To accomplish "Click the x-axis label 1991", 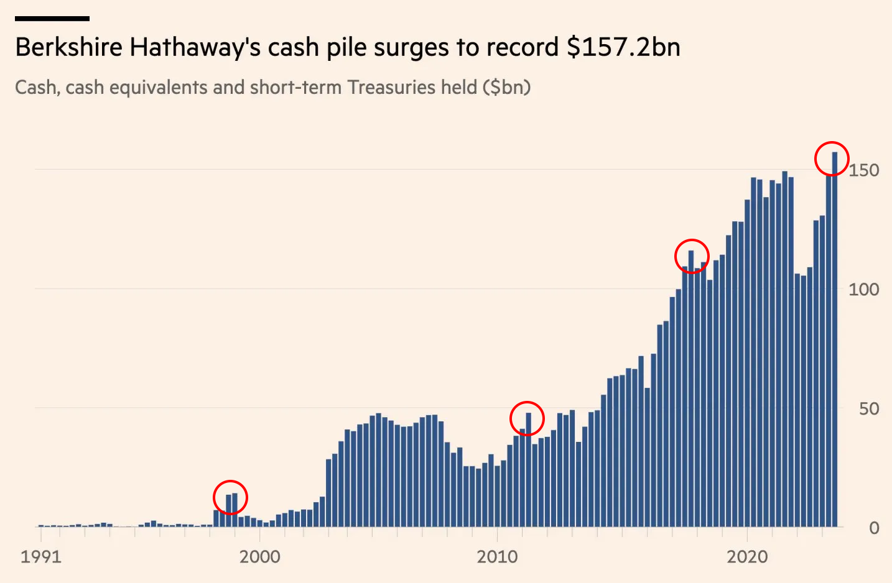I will click(41, 556).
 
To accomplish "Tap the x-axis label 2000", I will click(259, 556).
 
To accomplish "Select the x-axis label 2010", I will click(497, 556).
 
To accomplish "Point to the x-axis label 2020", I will click(747, 556).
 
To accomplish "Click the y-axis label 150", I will click(864, 170).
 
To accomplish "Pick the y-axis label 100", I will click(864, 290).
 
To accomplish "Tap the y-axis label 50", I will click(869, 409).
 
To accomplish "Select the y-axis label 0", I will click(874, 528).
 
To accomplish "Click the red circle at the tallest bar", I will click(832, 158).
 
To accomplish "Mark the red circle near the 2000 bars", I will click(230, 497).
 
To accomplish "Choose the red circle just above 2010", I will click(527, 418).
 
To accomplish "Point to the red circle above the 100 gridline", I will click(692, 255).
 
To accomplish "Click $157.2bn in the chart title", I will click(623, 47).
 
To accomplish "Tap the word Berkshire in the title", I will click(68, 47).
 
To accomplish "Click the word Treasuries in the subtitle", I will click(392, 87).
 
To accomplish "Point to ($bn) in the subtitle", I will click(506, 87).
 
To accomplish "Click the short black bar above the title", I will click(52, 19).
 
